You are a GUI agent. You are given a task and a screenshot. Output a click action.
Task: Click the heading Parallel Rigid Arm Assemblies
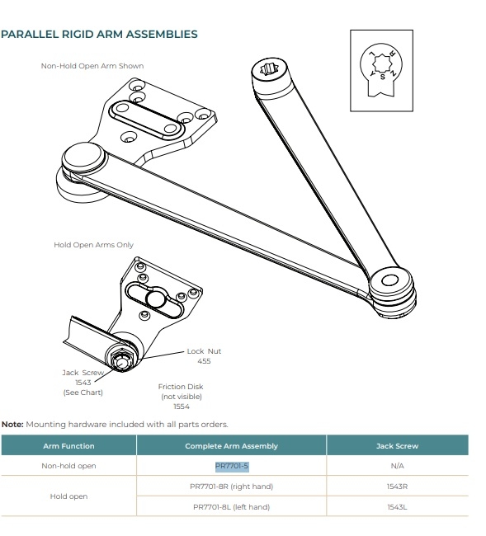99,35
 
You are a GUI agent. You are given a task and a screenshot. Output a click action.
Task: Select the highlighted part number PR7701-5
231,466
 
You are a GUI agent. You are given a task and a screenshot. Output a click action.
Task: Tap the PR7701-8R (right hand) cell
231,487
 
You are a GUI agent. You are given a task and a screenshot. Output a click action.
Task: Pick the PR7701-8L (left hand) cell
231,506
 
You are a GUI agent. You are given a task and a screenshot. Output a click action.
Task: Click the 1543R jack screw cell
397,487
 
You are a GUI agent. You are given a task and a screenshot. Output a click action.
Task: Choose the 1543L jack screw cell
397,506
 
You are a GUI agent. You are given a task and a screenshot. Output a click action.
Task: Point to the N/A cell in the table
397,466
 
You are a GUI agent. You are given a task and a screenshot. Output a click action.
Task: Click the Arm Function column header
68,445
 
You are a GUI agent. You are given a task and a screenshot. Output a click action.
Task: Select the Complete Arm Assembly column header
231,445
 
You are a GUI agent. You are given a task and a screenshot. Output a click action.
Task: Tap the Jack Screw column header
397,445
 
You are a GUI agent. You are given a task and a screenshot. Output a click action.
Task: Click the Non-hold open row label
68,466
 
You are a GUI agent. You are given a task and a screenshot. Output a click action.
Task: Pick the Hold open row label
68,496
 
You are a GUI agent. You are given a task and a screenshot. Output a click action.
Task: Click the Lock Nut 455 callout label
204,356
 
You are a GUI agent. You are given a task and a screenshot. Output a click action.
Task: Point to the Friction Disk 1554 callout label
181,396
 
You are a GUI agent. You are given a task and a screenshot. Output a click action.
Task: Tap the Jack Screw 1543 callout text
83,382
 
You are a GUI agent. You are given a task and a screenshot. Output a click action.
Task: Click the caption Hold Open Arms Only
93,245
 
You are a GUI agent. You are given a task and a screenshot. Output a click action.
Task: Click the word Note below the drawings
12,424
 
